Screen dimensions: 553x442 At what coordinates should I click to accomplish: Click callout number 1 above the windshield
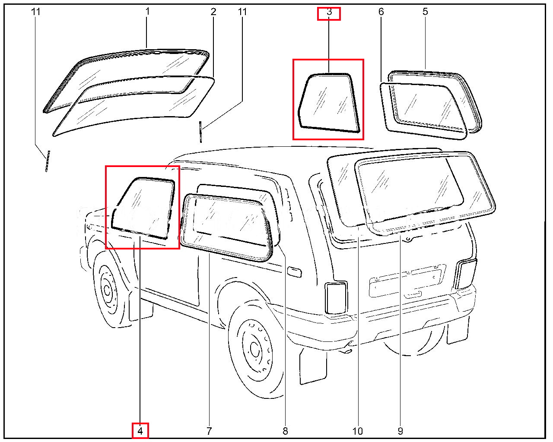(147, 11)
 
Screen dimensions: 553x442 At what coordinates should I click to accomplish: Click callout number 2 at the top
(213, 12)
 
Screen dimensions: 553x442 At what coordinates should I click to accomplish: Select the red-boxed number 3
(329, 12)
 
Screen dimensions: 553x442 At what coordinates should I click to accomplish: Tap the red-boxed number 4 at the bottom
(140, 431)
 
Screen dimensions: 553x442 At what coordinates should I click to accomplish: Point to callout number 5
(425, 12)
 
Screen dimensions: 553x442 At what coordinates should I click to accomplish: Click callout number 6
(381, 12)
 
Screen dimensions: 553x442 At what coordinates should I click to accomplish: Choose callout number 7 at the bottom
(209, 431)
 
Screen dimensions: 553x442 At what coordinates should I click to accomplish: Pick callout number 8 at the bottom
(285, 431)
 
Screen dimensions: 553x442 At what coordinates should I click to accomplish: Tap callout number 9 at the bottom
(400, 431)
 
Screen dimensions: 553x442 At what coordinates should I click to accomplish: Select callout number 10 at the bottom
(358, 431)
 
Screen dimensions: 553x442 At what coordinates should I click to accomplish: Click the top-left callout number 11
(36, 12)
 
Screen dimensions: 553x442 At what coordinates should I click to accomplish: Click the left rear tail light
(337, 298)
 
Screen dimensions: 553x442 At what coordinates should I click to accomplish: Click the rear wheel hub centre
(254, 350)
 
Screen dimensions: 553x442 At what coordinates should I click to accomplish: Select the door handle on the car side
(294, 272)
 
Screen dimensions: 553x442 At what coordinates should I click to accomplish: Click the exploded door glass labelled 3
(329, 103)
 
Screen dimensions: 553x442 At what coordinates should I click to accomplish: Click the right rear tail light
(466, 274)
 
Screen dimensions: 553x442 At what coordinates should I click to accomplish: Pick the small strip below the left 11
(48, 161)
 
